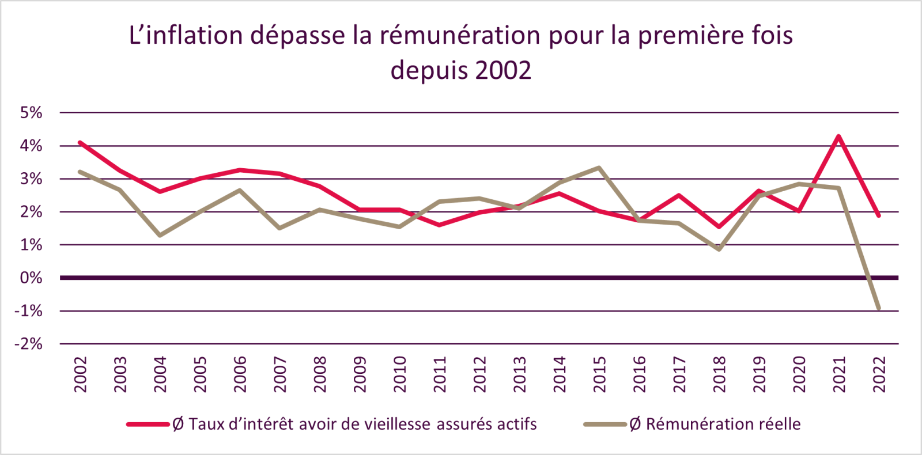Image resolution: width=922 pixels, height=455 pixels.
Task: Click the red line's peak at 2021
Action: tap(838, 136)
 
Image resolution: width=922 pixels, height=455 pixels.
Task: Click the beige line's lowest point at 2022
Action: tap(879, 309)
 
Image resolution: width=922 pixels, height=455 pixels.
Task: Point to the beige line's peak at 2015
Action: tap(599, 168)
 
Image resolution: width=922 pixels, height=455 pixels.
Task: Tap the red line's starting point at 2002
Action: tap(80, 142)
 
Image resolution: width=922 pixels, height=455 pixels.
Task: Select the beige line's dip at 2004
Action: tap(160, 235)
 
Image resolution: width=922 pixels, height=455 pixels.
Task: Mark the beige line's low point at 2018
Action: tap(719, 249)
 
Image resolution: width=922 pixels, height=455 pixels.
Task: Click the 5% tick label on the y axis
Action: tap(31, 113)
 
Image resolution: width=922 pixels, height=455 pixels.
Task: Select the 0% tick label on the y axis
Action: tap(31, 278)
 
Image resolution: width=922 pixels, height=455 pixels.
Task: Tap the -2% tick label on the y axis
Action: tap(29, 344)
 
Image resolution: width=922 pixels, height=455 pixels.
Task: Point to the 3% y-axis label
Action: tap(31, 179)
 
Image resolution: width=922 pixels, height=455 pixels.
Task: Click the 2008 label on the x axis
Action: tap(320, 374)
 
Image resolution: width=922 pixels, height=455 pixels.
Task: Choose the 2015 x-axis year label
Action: tap(599, 374)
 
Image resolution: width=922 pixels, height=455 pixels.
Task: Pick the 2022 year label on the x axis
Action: tap(879, 374)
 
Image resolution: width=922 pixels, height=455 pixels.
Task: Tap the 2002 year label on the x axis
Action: tap(80, 374)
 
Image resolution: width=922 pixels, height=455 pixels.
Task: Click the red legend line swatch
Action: tap(148, 424)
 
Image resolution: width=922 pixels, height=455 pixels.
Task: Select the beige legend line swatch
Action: tap(604, 424)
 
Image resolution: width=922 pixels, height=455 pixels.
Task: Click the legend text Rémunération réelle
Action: tap(723, 424)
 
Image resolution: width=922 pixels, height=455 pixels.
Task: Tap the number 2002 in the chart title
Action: tap(503, 71)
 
